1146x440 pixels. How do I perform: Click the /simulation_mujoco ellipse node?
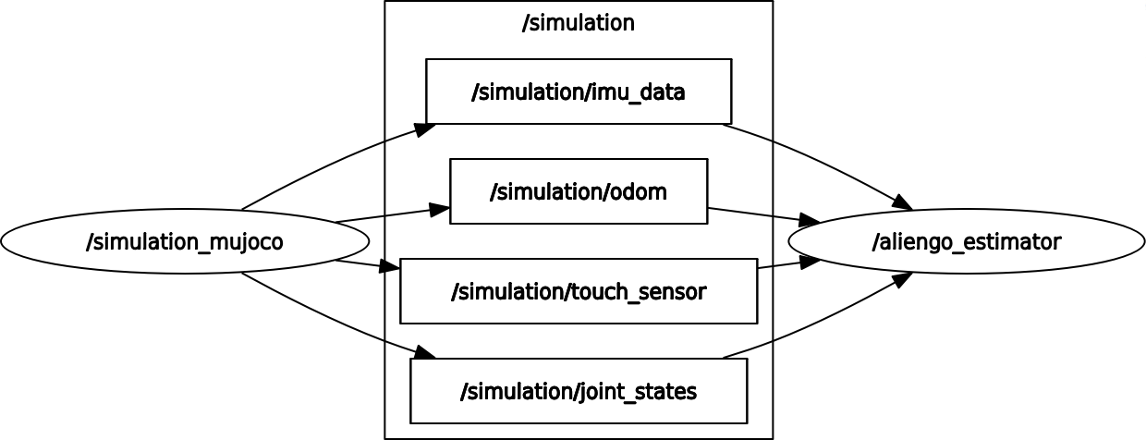pyautogui.click(x=185, y=242)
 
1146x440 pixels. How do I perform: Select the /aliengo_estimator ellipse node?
pyautogui.click(x=967, y=242)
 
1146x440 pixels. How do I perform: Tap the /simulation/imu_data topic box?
pyautogui.click(x=579, y=92)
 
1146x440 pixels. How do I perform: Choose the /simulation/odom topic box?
pyautogui.click(x=579, y=191)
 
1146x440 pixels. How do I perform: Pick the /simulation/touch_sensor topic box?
pyautogui.click(x=579, y=291)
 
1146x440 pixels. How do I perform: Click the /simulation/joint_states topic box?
pyautogui.click(x=579, y=391)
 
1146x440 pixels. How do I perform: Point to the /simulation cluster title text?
pyautogui.click(x=579, y=23)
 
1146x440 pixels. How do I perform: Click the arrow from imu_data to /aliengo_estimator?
pyautogui.click(x=813, y=157)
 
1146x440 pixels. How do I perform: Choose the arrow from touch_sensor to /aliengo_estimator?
pyautogui.click(x=781, y=264)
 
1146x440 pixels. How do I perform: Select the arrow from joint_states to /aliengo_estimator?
pyautogui.click(x=813, y=327)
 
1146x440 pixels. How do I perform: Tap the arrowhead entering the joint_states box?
pyautogui.click(x=424, y=354)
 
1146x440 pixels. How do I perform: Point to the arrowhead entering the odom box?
pyautogui.click(x=440, y=210)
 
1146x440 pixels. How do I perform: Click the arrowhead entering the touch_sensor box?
pyautogui.click(x=390, y=269)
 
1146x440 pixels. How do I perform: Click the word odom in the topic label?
pyautogui.click(x=637, y=191)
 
